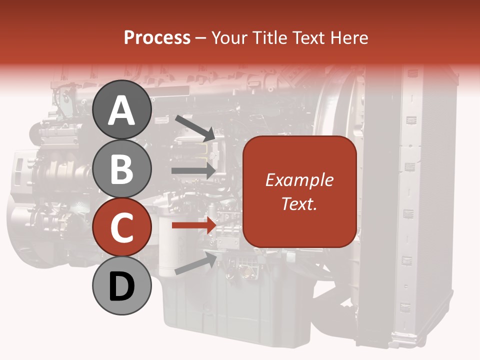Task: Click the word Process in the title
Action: click(157, 37)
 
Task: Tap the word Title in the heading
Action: click(267, 37)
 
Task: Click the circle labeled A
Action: click(122, 110)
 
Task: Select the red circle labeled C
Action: click(122, 227)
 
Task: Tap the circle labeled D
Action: click(122, 286)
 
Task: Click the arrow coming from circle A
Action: click(195, 127)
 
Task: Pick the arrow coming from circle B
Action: click(193, 170)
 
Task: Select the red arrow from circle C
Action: click(193, 225)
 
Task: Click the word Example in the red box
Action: click(299, 180)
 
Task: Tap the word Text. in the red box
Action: click(299, 203)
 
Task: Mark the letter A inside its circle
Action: click(122, 110)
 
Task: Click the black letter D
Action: click(122, 287)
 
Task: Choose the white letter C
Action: click(122, 228)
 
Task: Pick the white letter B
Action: click(122, 169)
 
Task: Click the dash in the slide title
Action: click(201, 38)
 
